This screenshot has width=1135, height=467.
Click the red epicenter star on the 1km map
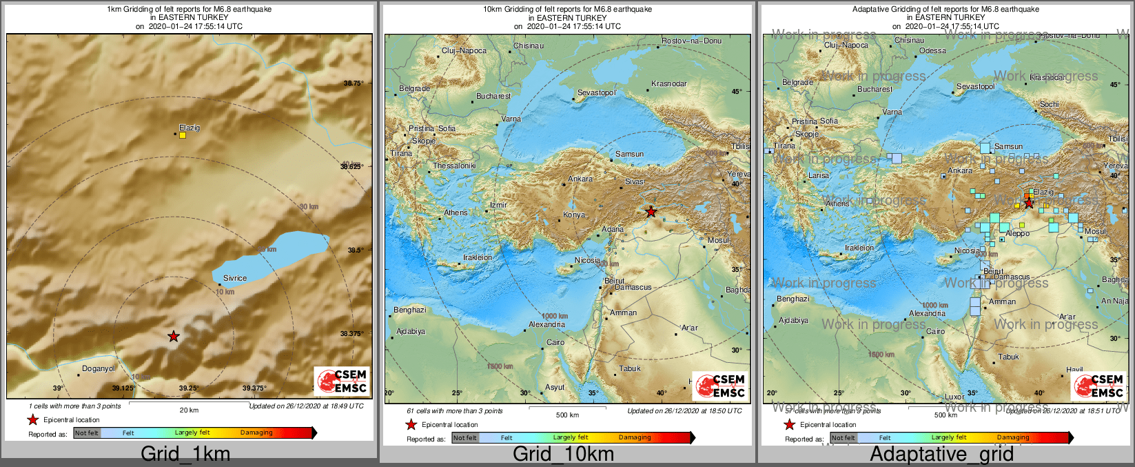(174, 337)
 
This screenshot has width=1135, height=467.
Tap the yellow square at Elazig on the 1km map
(183, 135)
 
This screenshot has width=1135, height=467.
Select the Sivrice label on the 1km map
(234, 278)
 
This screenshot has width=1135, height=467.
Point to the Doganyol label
(99, 368)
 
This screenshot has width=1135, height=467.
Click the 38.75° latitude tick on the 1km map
(353, 83)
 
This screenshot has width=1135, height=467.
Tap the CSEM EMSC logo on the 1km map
(342, 381)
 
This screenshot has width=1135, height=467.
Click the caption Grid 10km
(563, 454)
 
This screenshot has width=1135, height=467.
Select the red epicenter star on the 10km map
(651, 212)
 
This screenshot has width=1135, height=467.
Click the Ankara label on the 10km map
(580, 179)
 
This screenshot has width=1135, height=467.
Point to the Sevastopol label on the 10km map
(596, 92)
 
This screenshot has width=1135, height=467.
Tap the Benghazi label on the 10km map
(409, 310)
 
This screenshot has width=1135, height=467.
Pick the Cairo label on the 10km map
(555, 342)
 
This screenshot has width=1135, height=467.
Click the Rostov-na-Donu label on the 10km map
(691, 41)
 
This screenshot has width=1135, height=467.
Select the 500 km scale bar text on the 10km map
(567, 415)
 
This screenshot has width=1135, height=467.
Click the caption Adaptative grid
(941, 454)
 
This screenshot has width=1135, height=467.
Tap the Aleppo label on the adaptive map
(1017, 233)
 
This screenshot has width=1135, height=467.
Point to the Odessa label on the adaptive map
(932, 50)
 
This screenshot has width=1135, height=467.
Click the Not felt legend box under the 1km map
(87, 433)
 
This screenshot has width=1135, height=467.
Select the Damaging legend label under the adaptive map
(1012, 437)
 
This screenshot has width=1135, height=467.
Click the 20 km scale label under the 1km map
(189, 410)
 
